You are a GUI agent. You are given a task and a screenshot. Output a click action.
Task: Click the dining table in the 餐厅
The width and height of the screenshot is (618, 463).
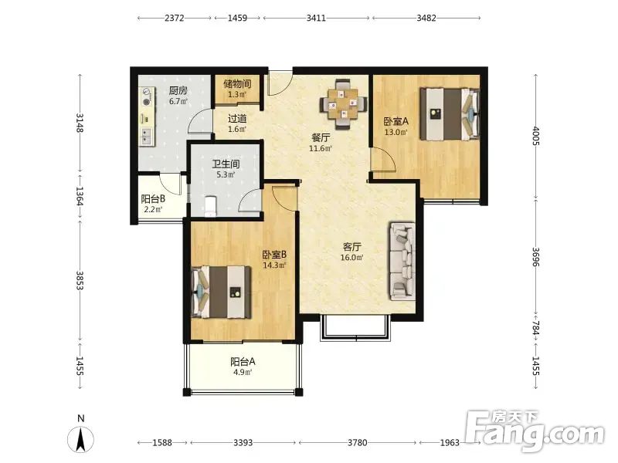pyautogui.click(x=342, y=104)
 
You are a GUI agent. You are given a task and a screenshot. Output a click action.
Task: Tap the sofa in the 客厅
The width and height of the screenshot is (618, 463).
pyautogui.click(x=402, y=262)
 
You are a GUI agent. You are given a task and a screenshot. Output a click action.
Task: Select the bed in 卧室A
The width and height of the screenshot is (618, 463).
pyautogui.click(x=450, y=114)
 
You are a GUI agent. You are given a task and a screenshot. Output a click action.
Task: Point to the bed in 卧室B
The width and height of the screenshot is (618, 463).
pyautogui.click(x=221, y=292)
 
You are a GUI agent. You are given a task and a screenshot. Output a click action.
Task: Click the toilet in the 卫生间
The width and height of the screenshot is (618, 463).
pyautogui.click(x=211, y=206)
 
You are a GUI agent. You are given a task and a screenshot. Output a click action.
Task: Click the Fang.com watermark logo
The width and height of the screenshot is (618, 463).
pyautogui.click(x=534, y=431)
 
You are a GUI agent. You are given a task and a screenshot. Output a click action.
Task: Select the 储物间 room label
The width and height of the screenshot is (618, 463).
pyautogui.click(x=237, y=83)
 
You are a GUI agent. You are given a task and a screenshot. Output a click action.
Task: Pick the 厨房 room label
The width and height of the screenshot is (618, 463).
pyautogui.click(x=178, y=90)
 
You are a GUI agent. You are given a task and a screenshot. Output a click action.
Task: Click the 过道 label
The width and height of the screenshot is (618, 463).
pyautogui.click(x=237, y=119)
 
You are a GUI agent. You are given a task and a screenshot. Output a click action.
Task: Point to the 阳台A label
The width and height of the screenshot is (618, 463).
pyautogui.click(x=243, y=361)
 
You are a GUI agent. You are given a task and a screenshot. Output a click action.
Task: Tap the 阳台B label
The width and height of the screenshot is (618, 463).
pyautogui.click(x=153, y=199)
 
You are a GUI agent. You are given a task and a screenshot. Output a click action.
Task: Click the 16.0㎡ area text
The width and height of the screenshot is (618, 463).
pyautogui.click(x=352, y=258)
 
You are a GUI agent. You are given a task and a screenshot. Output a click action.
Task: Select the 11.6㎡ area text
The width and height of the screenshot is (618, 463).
pyautogui.click(x=321, y=148)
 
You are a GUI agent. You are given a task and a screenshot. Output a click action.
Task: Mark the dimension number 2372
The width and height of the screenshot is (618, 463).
pyautogui.click(x=175, y=18)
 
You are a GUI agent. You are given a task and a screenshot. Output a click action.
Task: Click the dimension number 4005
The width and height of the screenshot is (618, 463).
pyautogui.click(x=535, y=136)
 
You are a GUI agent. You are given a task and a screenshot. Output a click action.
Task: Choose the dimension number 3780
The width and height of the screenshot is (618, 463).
pyautogui.click(x=358, y=443)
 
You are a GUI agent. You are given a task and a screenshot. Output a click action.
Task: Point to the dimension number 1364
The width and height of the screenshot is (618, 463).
pyautogui.click(x=80, y=196)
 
